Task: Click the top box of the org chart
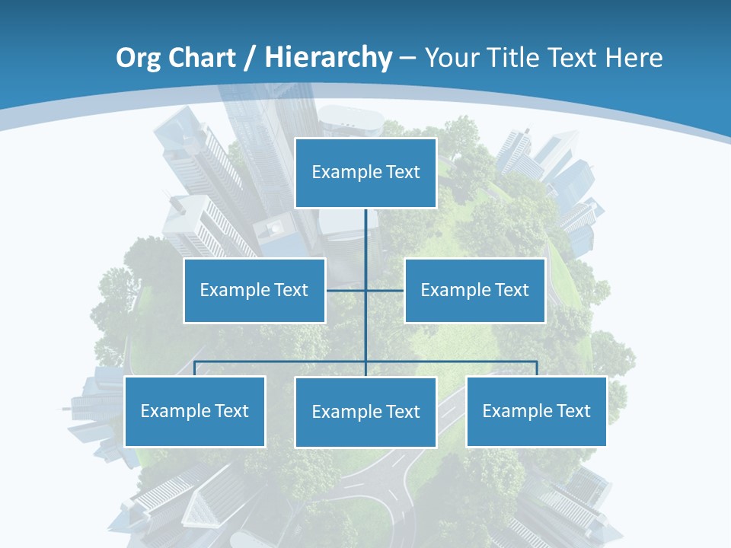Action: [x=365, y=173]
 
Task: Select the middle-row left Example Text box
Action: [x=254, y=290]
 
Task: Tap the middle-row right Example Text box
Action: [x=474, y=290]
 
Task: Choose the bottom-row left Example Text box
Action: [x=194, y=411]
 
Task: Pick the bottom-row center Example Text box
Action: [x=365, y=412]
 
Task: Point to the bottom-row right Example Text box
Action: [x=536, y=411]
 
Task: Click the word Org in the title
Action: [x=137, y=58]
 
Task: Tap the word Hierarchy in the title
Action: [x=328, y=58]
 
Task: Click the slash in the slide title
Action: [x=249, y=59]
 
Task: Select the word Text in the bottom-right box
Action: [x=573, y=411]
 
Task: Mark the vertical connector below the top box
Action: [x=365, y=244]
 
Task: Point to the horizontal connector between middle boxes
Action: [x=365, y=290]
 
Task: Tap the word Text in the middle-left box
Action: [x=290, y=290]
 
